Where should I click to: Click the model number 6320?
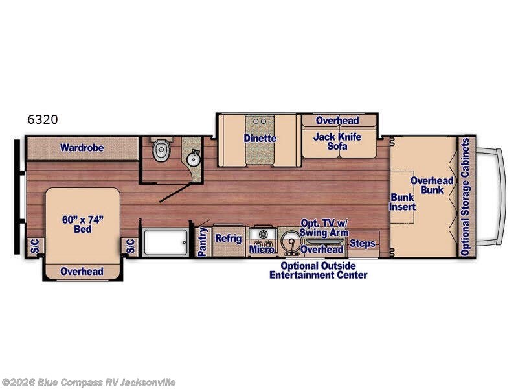click(43, 119)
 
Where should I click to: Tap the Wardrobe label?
click(82, 148)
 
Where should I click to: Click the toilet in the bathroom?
click(161, 150)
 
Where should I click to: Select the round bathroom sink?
click(193, 159)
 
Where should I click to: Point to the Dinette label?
click(260, 138)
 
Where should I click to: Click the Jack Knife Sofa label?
click(337, 141)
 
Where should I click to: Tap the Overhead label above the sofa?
click(337, 121)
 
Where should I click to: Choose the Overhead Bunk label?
click(432, 185)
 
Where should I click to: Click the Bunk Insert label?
click(402, 202)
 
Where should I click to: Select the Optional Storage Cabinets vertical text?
click(465, 197)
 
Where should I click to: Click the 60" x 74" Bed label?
click(83, 224)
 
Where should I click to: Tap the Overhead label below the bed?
click(82, 272)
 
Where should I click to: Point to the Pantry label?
click(202, 242)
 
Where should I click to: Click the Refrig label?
click(229, 238)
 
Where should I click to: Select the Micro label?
click(262, 249)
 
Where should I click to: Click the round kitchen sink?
click(290, 242)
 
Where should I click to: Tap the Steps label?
click(363, 244)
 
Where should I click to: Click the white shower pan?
click(166, 242)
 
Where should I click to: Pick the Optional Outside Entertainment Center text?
click(318, 270)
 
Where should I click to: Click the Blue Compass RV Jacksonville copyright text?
click(88, 383)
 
